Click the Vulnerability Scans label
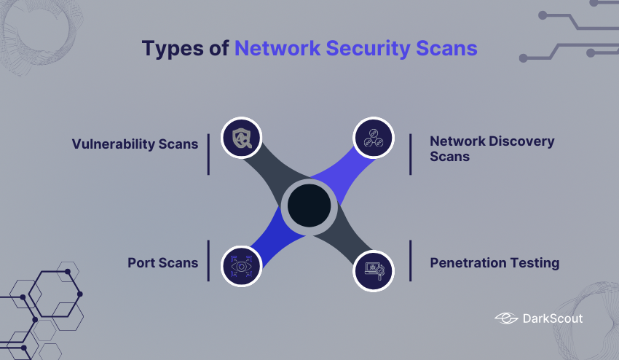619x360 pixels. coord(135,144)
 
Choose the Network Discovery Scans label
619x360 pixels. coord(492,148)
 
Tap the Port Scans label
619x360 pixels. coord(163,262)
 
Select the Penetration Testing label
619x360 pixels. coord(494,262)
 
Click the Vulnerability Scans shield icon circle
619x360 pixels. coord(241,137)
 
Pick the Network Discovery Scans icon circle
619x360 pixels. coord(374,137)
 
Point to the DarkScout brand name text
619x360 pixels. coord(553,318)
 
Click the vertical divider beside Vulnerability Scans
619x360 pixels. coord(208,154)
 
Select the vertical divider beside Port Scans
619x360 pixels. coord(208,260)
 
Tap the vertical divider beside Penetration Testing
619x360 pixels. coord(410,260)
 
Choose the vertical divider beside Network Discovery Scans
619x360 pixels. coord(410,154)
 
